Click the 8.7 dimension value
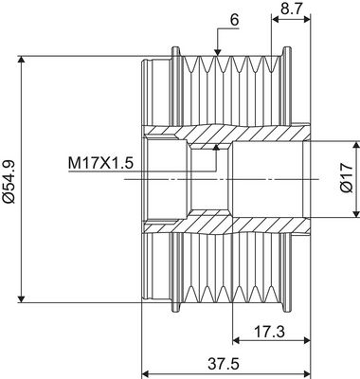[292, 9]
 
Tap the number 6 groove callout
[235, 20]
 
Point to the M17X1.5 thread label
[101, 164]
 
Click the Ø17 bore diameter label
[347, 178]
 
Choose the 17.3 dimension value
[269, 332]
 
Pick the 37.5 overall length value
[224, 364]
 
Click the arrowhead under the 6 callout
[217, 52]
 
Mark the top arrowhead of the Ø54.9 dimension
[21, 61]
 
